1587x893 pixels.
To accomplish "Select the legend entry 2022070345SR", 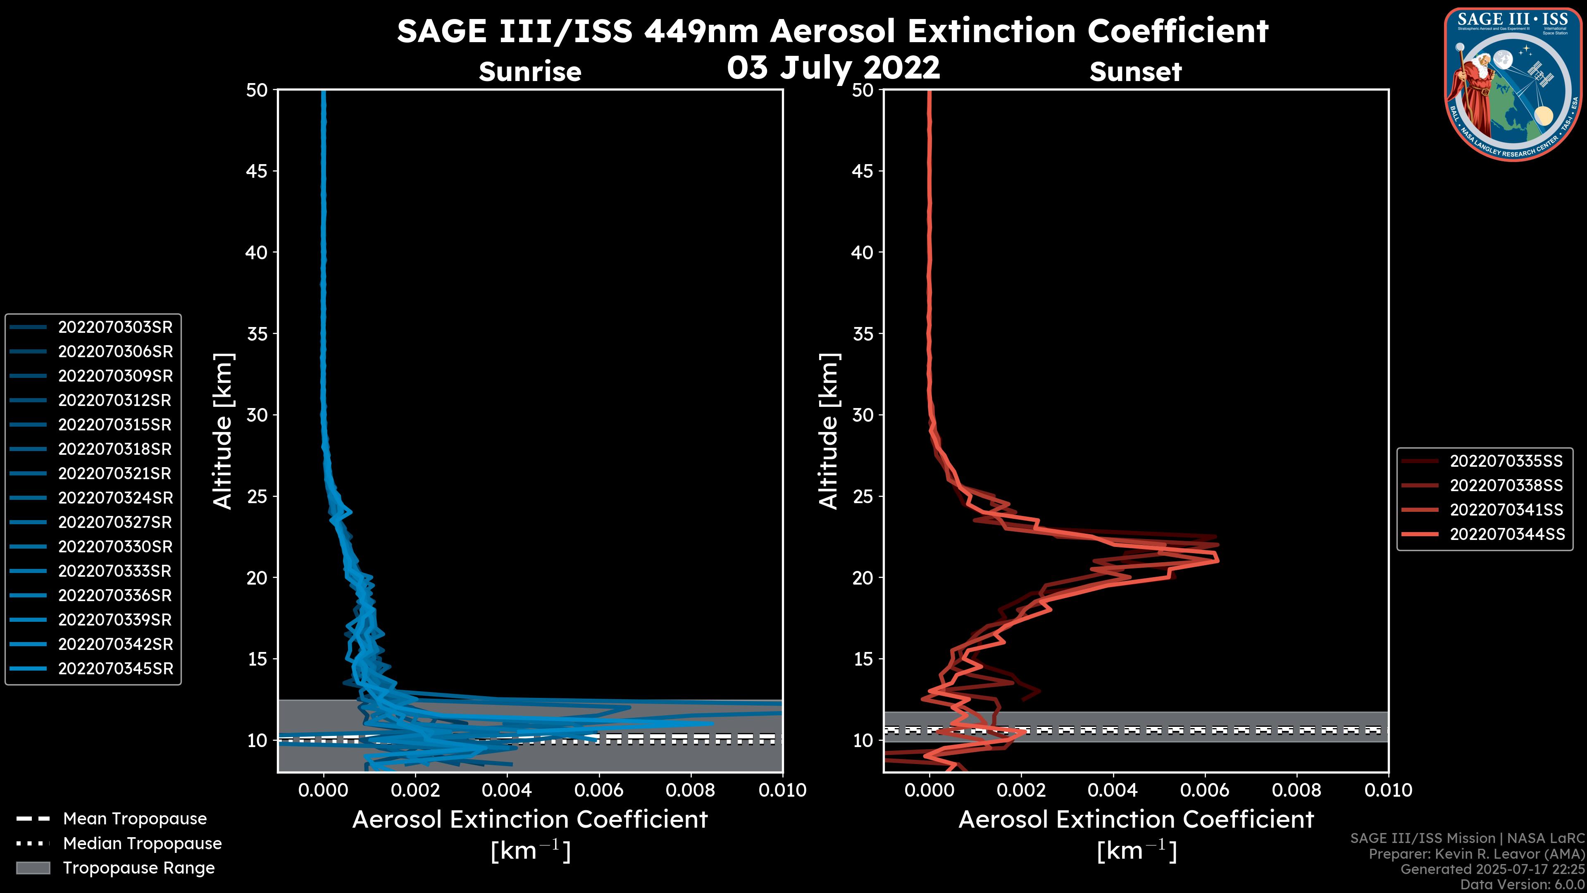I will pyautogui.click(x=115, y=669).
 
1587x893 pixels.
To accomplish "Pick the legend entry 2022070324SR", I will pyautogui.click(x=115, y=498).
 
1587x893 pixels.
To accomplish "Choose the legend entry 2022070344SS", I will pyautogui.click(x=1507, y=534).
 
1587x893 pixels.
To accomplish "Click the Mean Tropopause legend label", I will pyautogui.click(x=134, y=819).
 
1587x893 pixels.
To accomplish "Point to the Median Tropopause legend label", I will pyautogui.click(x=142, y=844).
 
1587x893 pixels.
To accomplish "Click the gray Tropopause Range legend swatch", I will pyautogui.click(x=33, y=868).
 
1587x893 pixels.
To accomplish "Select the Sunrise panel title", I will pyautogui.click(x=530, y=72).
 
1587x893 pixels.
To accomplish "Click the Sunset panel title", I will pyautogui.click(x=1135, y=72).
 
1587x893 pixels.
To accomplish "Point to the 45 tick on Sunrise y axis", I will pyautogui.click(x=257, y=171).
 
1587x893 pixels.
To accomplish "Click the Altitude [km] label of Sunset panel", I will pyautogui.click(x=829, y=431).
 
